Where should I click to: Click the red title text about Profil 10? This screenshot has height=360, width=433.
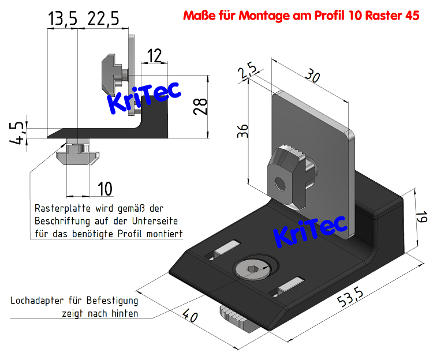click(301, 15)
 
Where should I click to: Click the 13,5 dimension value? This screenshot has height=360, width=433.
click(62, 20)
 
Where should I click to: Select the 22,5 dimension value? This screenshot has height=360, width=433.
click(103, 20)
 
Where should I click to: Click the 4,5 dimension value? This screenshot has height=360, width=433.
click(18, 132)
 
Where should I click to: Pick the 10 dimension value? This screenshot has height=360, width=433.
click(104, 188)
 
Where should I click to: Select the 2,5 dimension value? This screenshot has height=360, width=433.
click(247, 73)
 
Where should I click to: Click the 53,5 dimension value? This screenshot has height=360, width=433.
click(350, 298)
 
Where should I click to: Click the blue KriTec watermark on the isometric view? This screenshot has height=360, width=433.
click(309, 229)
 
